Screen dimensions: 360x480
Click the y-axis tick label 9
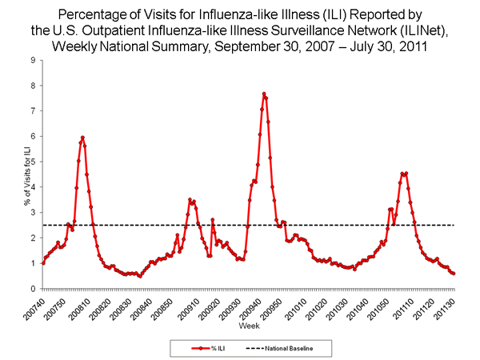pos(31,60)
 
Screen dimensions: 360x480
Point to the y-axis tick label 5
pos(31,162)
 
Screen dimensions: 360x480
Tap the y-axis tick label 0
pos(31,289)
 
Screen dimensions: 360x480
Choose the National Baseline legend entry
pos(288,349)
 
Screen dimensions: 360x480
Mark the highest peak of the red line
pos(264,94)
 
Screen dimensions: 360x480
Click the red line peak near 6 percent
pos(82,138)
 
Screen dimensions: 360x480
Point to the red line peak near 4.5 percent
pos(406,174)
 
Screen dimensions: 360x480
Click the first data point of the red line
pos(42,262)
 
